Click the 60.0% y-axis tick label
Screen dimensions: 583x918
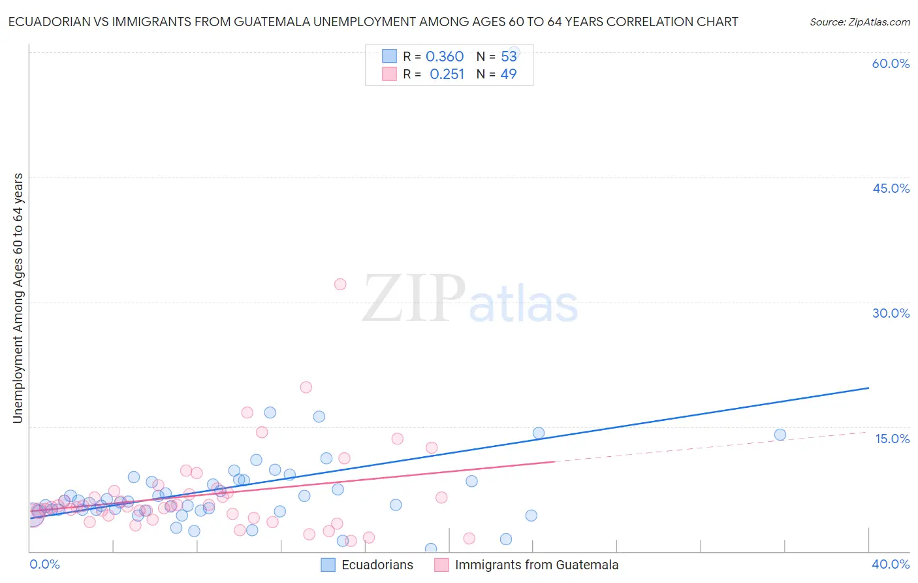(x=891, y=63)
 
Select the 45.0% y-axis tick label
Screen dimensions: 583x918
(x=891, y=188)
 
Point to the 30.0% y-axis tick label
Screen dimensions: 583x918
(x=891, y=313)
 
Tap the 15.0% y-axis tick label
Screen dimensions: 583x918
(x=892, y=439)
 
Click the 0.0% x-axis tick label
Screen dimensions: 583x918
(x=44, y=564)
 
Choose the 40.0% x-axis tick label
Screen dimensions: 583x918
(x=891, y=564)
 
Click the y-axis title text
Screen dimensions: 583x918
(x=18, y=298)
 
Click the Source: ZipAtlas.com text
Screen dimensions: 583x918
(x=859, y=22)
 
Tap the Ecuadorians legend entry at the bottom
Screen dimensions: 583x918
(x=377, y=565)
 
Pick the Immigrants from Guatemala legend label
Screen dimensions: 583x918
(x=536, y=565)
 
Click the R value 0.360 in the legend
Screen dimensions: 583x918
(x=445, y=57)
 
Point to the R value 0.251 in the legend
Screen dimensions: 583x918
(x=447, y=75)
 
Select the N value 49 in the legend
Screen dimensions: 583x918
(x=509, y=75)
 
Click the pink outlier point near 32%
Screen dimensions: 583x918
(x=340, y=284)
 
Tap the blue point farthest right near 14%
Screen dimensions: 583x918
(x=780, y=435)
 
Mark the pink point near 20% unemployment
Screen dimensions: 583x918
(x=306, y=387)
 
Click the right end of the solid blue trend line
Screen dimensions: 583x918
(x=868, y=388)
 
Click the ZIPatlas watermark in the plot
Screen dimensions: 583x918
(x=470, y=299)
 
